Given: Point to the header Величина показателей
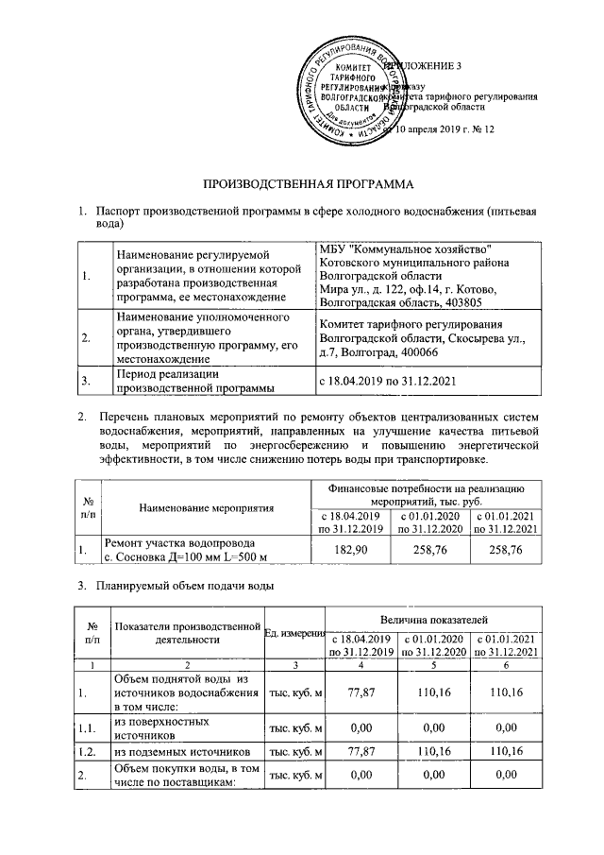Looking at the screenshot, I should [x=433, y=618].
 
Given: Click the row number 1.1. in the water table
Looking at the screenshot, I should [x=87, y=726].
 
